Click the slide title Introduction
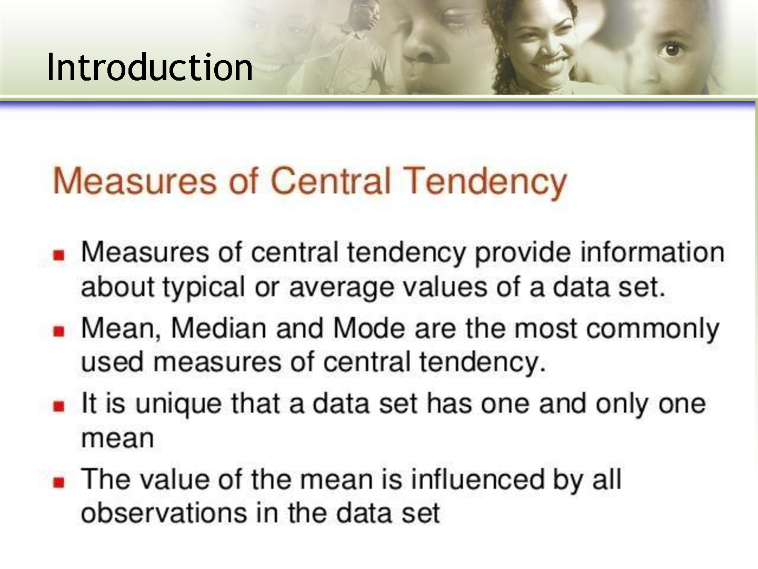point(149,67)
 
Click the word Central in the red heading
point(331,181)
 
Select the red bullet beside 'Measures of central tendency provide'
point(59,256)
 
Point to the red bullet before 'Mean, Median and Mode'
point(59,331)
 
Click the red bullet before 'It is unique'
point(59,406)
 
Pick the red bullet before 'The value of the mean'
point(59,482)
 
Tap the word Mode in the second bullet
point(369,328)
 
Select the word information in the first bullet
point(652,252)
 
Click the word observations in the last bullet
point(164,513)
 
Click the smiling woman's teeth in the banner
point(551,65)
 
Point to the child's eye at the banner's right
point(671,50)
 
